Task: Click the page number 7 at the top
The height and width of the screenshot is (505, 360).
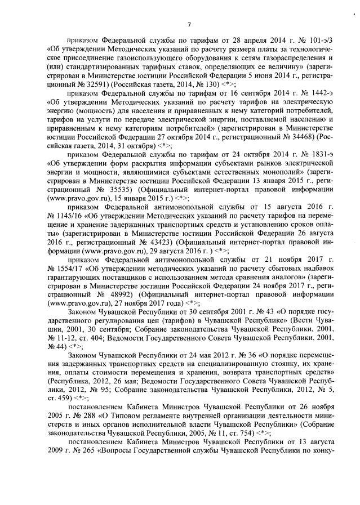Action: [x=189, y=24]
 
